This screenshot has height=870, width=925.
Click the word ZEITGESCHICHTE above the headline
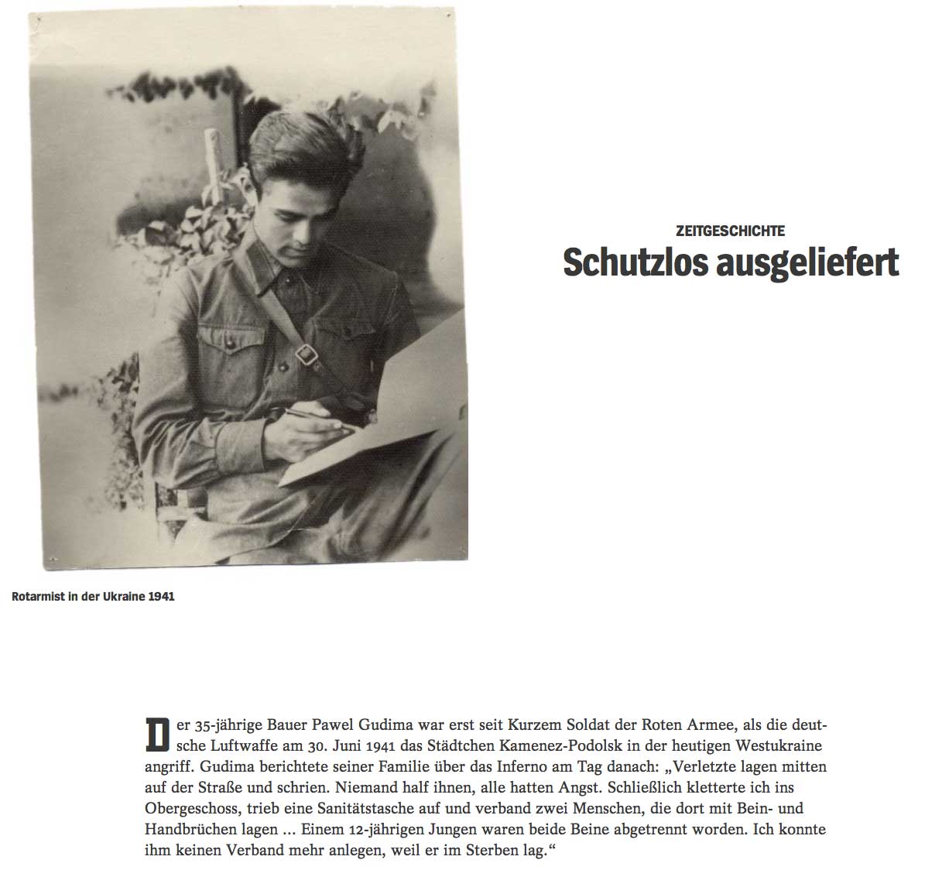730,231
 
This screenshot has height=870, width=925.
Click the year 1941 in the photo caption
161,597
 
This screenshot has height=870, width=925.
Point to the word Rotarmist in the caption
37,597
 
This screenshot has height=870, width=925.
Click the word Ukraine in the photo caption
122,597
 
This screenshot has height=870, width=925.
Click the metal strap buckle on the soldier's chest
308,355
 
